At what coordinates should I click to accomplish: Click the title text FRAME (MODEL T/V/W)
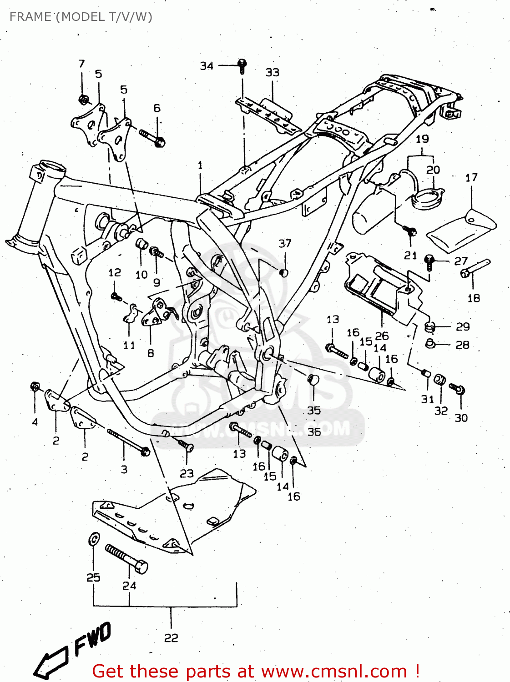(81, 17)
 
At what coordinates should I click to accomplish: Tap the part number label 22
(171, 638)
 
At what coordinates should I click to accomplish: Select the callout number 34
(207, 66)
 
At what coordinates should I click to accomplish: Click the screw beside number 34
(242, 66)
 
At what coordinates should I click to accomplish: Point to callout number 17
(471, 177)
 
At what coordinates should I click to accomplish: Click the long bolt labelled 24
(126, 558)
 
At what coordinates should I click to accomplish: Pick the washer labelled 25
(93, 539)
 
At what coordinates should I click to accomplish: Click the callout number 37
(285, 243)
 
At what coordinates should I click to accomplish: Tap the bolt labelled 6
(152, 138)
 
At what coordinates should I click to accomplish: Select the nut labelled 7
(83, 99)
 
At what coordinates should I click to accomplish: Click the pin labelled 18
(475, 268)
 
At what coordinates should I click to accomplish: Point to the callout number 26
(382, 336)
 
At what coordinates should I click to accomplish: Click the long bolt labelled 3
(129, 442)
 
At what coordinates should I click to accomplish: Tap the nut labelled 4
(35, 387)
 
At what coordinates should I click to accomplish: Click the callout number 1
(200, 165)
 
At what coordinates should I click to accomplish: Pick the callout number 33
(272, 72)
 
